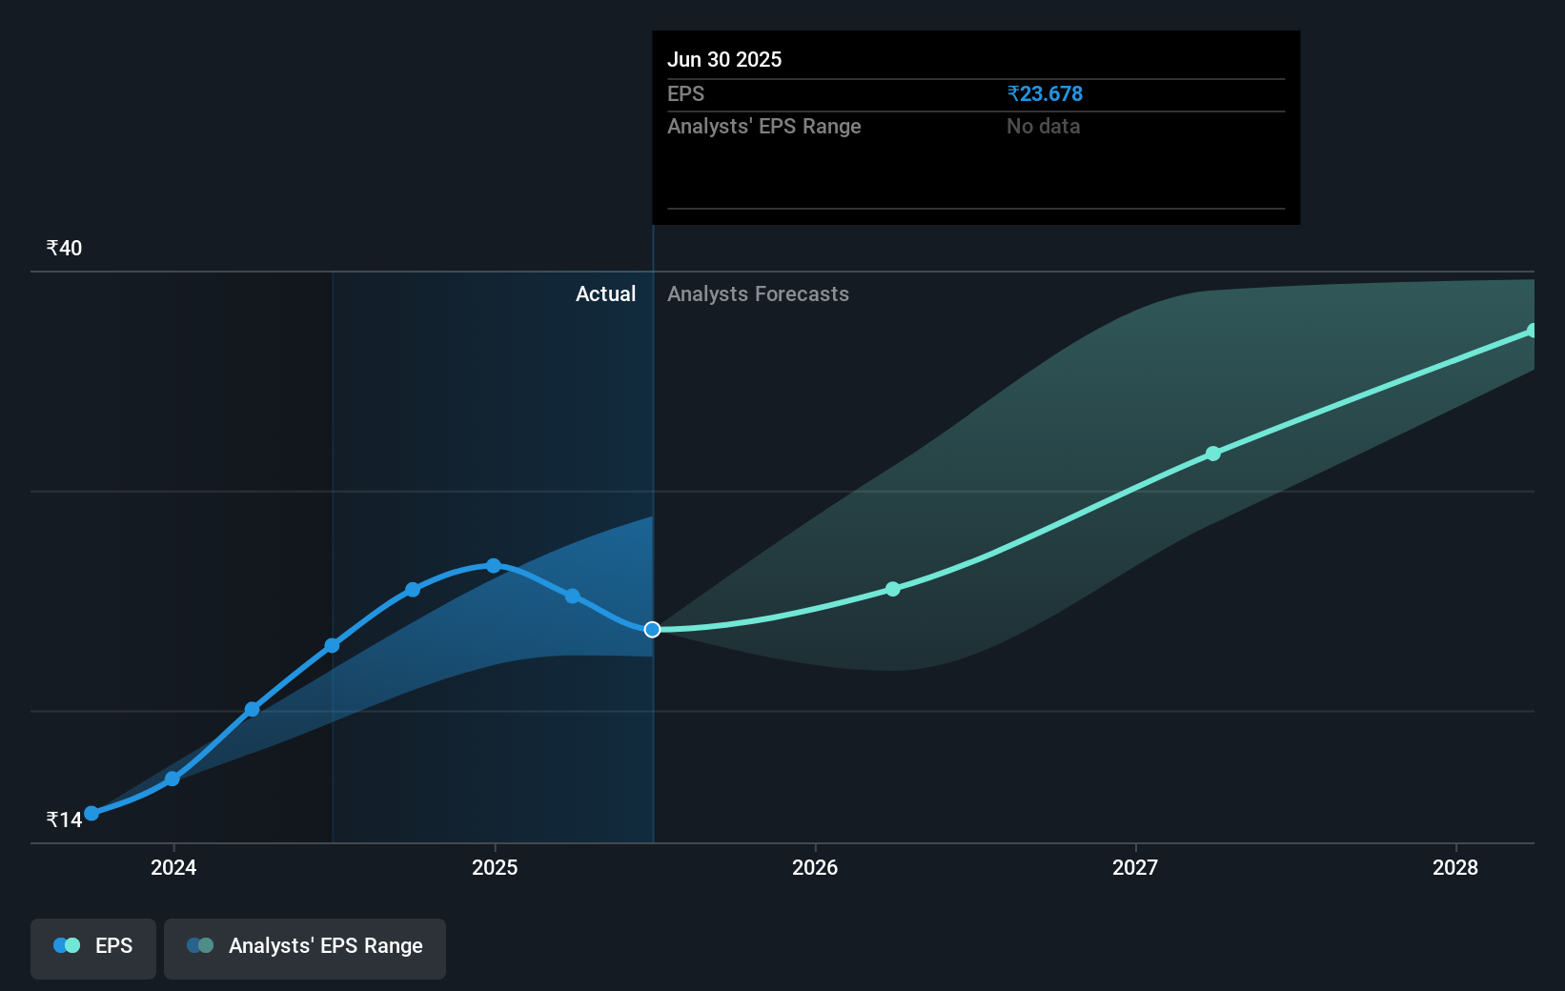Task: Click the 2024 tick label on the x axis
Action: [173, 867]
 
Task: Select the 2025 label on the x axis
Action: [495, 867]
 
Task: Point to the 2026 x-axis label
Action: [815, 867]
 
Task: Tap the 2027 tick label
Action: [1135, 867]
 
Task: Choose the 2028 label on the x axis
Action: [1455, 867]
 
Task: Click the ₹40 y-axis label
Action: [64, 248]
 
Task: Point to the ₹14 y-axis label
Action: [64, 819]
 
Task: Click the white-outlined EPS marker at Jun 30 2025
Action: [652, 630]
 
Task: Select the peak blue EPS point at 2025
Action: [494, 566]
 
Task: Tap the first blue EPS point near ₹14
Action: [91, 814]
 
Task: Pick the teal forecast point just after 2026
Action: [893, 590]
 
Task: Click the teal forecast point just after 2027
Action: [1213, 454]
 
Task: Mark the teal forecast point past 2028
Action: [1532, 331]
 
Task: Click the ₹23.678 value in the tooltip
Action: [1045, 93]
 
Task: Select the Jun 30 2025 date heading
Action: [724, 59]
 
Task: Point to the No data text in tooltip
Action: [1043, 127]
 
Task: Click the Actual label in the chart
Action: [606, 294]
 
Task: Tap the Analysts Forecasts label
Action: [758, 294]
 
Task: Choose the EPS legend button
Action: [92, 948]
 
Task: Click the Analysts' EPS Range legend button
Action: [305, 948]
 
